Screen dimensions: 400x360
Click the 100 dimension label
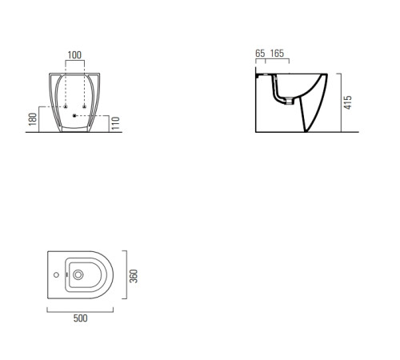tap(74, 55)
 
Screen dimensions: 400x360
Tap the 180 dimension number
tap(33, 119)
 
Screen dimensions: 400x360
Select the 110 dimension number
tap(115, 123)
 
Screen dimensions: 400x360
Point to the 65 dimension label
tap(260, 54)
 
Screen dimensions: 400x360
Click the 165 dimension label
tap(277, 54)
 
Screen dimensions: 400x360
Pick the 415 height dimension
tap(348, 102)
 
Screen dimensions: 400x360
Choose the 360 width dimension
tap(134, 276)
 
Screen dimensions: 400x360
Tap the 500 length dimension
tap(80, 318)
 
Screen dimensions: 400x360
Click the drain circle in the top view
tap(78, 274)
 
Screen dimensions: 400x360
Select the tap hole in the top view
tap(56, 274)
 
